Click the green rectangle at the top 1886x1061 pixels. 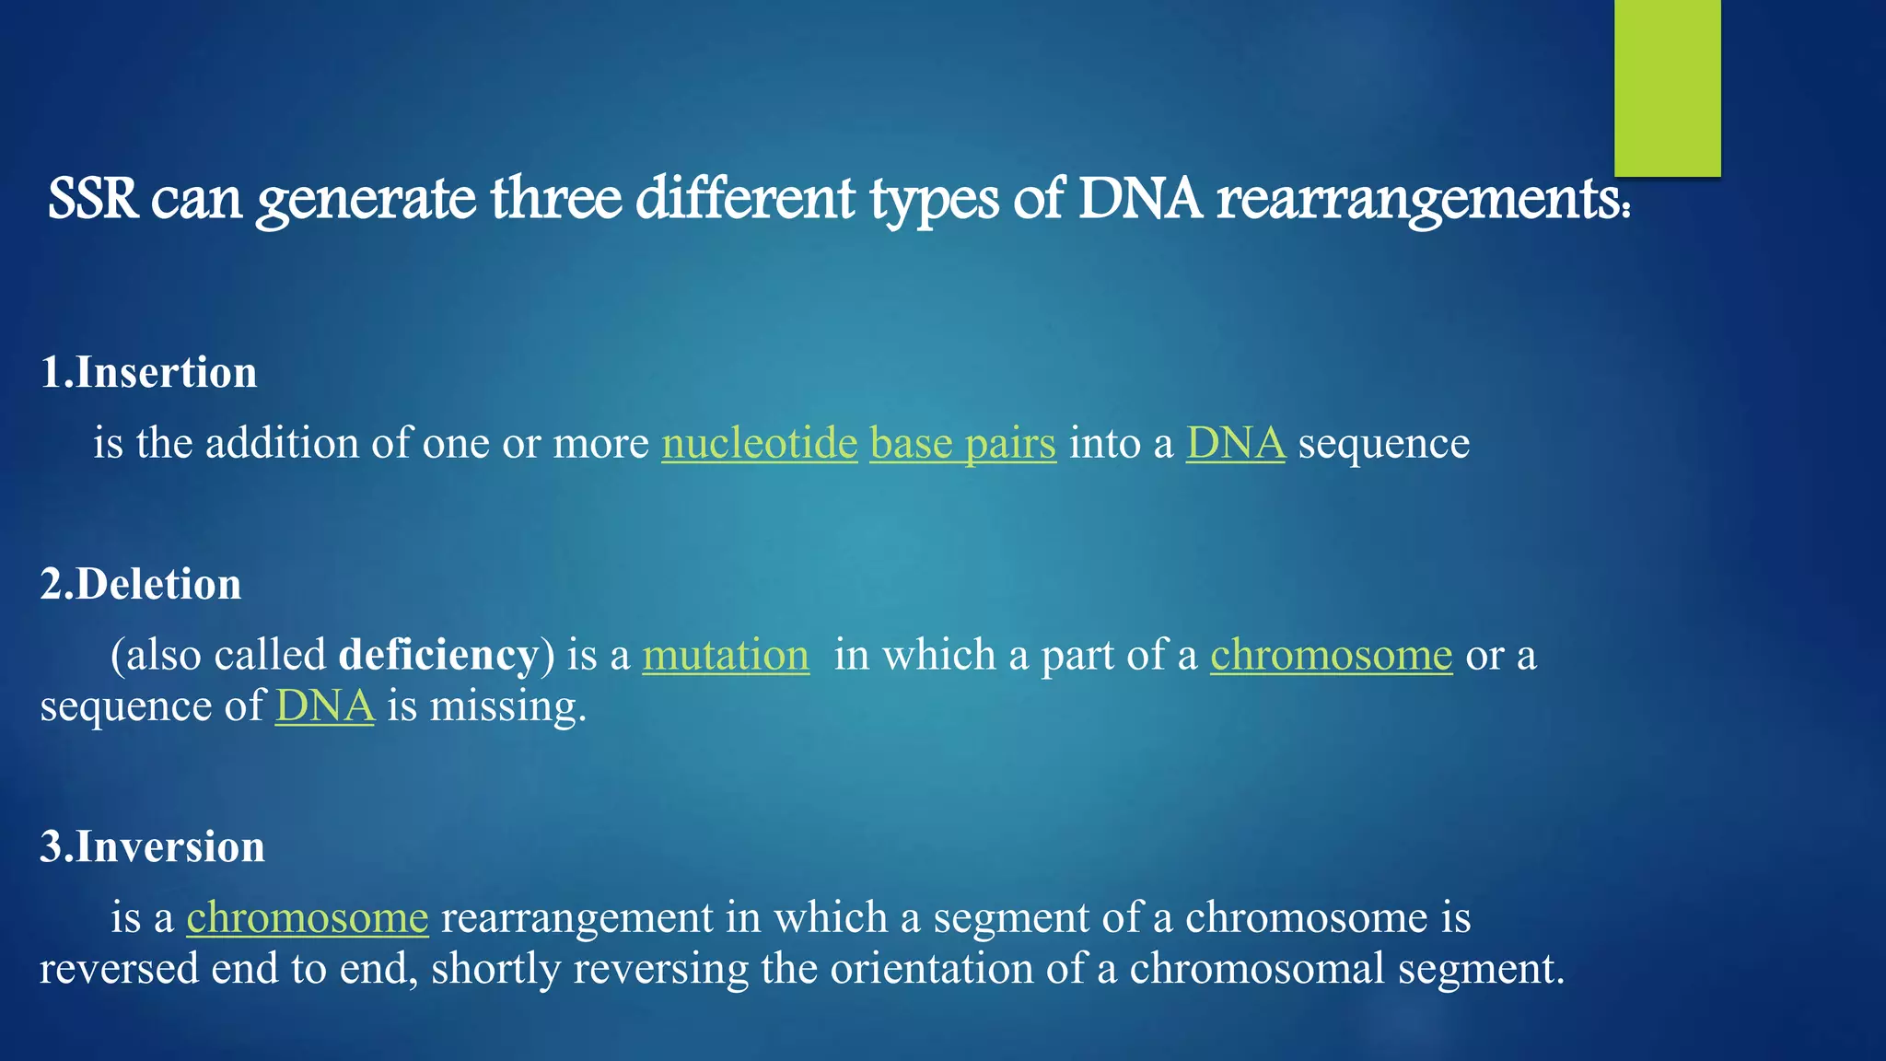tap(1667, 87)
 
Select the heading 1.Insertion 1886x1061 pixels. tap(148, 373)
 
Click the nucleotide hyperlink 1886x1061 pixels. tap(759, 444)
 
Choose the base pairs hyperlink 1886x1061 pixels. tap(962, 444)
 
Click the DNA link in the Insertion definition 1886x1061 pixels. tap(1234, 444)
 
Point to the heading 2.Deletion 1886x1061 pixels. tap(141, 585)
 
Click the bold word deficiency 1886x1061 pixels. tap(438, 656)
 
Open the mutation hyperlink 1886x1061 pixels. tap(725, 656)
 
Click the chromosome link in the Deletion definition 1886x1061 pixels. tap(1331, 656)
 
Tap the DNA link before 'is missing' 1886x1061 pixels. tap(324, 707)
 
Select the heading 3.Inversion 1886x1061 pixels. tap(152, 847)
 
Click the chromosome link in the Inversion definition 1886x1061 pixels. tap(307, 918)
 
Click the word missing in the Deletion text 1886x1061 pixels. tap(507, 707)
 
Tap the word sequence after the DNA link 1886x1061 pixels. tap(1383, 444)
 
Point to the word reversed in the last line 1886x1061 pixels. tap(119, 969)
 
